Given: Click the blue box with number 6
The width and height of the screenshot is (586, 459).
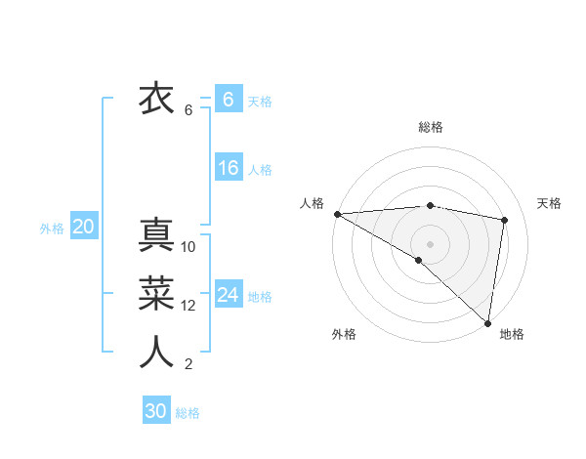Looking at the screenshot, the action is pos(228,100).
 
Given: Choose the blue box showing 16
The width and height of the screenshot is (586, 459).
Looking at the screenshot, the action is pos(228,168).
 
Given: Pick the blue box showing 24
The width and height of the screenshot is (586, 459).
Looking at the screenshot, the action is pos(228,295).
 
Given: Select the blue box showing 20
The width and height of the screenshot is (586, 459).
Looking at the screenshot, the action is pos(83,228).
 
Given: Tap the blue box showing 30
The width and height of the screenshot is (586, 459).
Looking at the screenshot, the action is pos(156,411).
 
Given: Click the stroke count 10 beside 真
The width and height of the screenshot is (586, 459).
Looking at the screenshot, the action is pos(188,247).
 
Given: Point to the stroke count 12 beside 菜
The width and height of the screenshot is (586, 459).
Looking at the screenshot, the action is pos(188,306).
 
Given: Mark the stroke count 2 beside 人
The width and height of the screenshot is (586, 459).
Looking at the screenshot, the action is pos(188,365).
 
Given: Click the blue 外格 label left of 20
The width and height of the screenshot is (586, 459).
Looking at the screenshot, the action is pos(52,229).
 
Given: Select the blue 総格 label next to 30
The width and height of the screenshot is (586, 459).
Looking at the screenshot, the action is pos(188,413).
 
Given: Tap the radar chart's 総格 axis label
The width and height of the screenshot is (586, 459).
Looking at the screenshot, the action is pos(430,127).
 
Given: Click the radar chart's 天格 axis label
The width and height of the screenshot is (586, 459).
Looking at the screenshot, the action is pos(549,203).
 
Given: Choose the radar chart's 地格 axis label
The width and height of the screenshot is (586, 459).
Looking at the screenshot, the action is pos(512,334).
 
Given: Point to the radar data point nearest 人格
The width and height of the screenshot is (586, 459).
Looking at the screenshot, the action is pos(337,214).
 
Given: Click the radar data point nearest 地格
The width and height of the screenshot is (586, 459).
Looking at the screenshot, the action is pos(486,322).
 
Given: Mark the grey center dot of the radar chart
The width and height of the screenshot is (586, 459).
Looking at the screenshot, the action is pos(430,242).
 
